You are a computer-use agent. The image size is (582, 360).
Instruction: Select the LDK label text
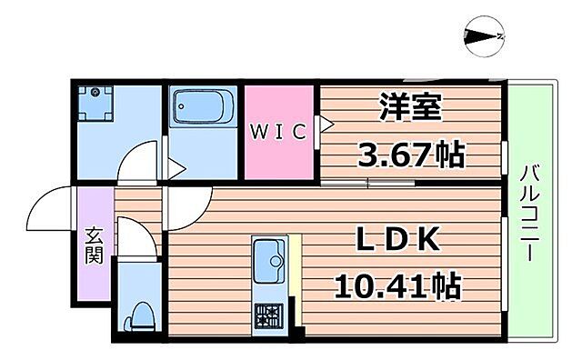point(397,243)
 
